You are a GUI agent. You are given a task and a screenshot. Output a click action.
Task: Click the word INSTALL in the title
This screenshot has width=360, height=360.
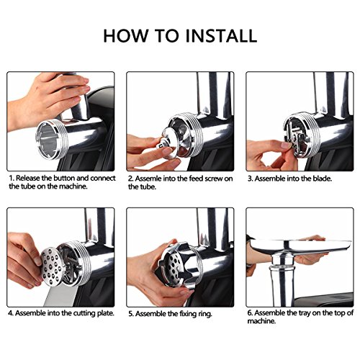point(221,36)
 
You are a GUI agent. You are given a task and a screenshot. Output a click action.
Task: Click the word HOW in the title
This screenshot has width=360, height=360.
point(125,36)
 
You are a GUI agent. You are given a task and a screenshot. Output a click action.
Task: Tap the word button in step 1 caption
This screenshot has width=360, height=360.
point(63,178)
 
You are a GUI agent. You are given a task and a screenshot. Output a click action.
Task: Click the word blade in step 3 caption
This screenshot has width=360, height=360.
point(322,179)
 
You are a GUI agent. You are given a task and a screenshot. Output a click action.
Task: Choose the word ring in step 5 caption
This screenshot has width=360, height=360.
point(205,314)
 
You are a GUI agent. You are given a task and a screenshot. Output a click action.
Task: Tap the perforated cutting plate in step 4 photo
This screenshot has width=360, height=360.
point(51,266)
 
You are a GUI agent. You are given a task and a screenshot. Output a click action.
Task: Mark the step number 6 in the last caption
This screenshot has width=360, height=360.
point(250,313)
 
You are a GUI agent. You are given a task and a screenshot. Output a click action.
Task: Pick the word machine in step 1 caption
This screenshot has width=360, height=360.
point(73,186)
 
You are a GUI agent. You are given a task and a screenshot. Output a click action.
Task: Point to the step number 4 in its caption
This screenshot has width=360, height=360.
point(11,313)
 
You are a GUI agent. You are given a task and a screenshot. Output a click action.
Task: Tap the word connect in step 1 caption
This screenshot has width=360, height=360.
point(103,178)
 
